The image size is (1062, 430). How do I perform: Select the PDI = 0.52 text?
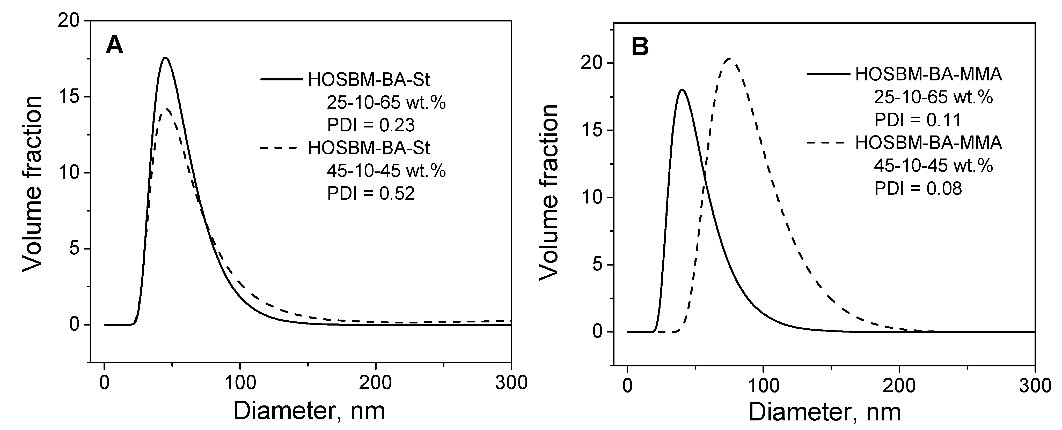tap(371, 193)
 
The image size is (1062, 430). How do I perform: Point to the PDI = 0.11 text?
tap(918, 120)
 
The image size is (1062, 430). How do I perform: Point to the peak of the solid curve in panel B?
tap(682, 90)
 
